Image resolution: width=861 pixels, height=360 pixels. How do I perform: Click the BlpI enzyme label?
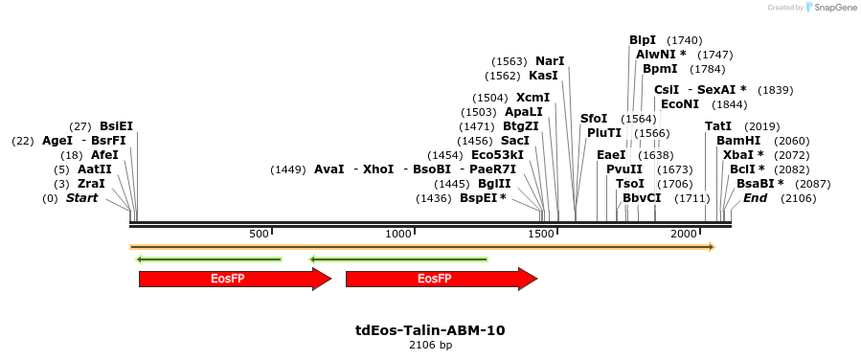tap(643, 40)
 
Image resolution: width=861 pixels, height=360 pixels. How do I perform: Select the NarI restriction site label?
tap(550, 61)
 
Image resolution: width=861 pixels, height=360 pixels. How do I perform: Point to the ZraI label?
tap(91, 184)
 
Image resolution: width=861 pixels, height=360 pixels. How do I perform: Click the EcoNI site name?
tap(680, 104)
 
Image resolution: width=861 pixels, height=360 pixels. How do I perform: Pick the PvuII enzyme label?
tap(624, 169)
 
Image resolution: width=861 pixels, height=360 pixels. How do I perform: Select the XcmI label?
tap(532, 98)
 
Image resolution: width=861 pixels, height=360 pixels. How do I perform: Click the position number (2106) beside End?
tap(798, 198)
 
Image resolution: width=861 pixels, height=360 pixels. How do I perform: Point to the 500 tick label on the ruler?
tap(259, 235)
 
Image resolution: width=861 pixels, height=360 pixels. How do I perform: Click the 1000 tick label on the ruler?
tap(398, 235)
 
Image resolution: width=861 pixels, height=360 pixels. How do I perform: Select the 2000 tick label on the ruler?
tap(683, 235)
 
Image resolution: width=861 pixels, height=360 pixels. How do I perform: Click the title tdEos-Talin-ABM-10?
tap(430, 330)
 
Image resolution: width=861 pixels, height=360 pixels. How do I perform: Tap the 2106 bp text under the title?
tap(430, 345)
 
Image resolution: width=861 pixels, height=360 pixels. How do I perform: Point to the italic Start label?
tap(81, 198)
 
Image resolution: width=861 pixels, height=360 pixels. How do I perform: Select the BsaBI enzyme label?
tap(755, 184)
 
